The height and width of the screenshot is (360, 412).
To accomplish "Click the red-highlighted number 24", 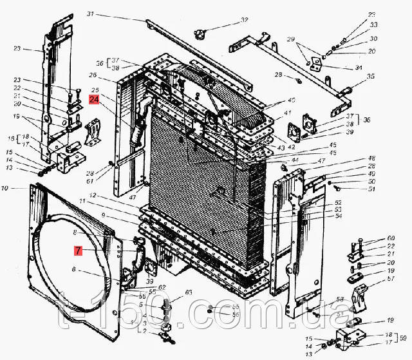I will tap(95, 100).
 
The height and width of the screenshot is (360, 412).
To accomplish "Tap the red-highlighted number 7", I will tap(77, 251).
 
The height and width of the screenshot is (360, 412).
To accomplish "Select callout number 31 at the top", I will tap(108, 14).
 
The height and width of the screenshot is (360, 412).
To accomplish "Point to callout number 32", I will tap(244, 20).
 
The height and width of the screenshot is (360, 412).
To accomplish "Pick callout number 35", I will tap(370, 77).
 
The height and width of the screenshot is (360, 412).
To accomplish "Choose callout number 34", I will tap(359, 67).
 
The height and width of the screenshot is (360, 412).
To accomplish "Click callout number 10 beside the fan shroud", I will tap(5, 189).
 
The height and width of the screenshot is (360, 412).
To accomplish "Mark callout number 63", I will tap(189, 293).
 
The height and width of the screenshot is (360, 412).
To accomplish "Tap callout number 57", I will tap(391, 279).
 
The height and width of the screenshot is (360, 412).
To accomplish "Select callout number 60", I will tap(391, 238).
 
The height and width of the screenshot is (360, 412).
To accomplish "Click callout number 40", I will tap(291, 100).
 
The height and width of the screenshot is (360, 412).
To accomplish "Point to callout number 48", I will tap(372, 158).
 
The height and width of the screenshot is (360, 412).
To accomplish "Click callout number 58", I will tap(339, 300).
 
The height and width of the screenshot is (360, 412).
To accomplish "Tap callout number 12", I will tap(93, 195).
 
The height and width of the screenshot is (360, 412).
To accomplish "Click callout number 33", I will tap(373, 24).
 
